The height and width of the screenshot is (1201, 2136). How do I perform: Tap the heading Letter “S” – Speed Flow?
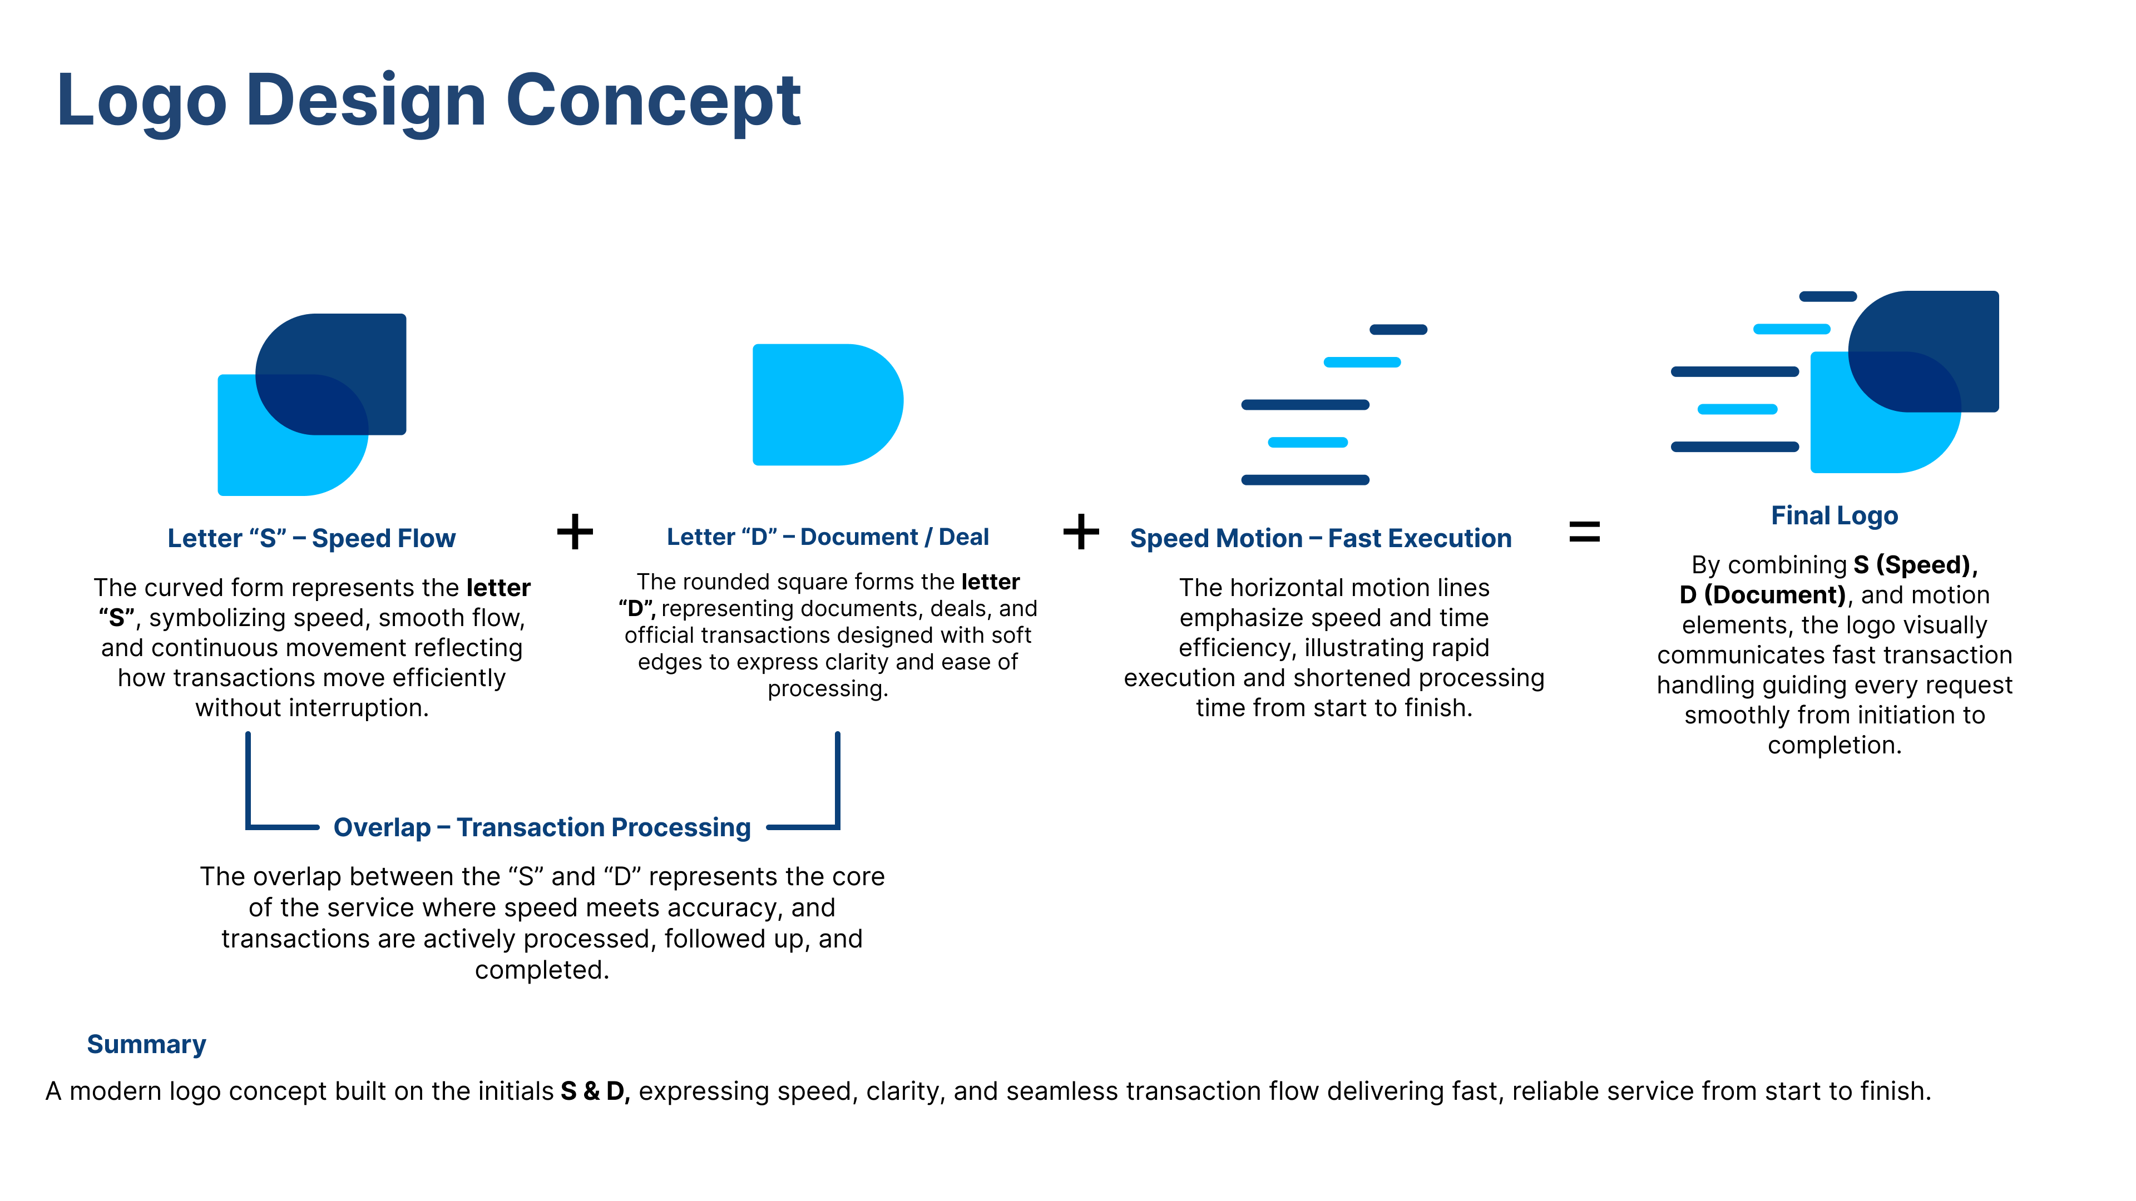[311, 539]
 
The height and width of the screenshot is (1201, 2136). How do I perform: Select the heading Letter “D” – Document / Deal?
[828, 537]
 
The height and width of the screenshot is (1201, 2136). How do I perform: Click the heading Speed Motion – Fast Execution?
[1320, 539]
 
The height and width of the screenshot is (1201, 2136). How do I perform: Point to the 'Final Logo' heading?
[1833, 515]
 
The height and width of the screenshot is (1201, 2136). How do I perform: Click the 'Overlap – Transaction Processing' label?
[541, 827]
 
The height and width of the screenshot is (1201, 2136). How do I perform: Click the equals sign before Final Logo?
[1584, 532]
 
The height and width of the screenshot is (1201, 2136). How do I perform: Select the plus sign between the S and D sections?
[575, 532]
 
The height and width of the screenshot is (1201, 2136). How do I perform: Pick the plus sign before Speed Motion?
[1080, 532]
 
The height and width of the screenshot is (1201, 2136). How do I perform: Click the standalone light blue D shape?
[821, 404]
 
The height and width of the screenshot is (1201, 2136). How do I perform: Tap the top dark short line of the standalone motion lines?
[1397, 330]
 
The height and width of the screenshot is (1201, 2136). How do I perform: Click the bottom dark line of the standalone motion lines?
[1304, 480]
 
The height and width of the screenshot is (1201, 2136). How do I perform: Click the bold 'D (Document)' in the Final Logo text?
[1762, 595]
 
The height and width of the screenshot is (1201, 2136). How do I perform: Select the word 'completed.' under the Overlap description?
[541, 970]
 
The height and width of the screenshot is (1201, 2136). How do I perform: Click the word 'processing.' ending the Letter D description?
[828, 689]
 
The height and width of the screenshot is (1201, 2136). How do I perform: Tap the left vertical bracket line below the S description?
[248, 779]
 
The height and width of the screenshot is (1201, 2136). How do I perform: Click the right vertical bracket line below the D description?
[838, 779]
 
